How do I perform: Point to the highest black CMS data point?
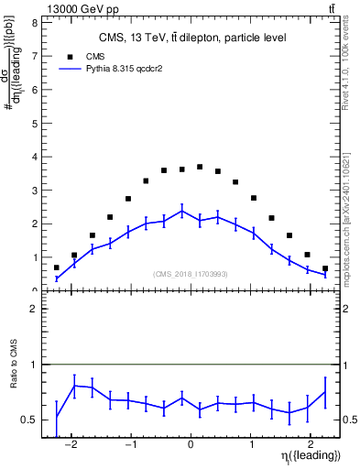[x=200, y=167]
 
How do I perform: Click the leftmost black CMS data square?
[x=57, y=267]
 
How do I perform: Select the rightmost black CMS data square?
[x=325, y=268]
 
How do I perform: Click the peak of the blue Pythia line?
[x=181, y=211]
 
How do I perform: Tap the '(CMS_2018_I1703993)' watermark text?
[x=191, y=274]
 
